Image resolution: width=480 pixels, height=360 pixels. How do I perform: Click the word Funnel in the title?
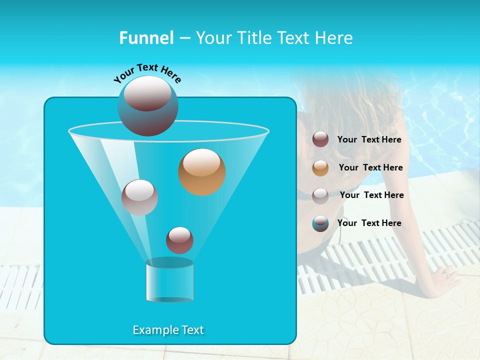[146, 38]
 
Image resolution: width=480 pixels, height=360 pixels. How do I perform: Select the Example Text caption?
[168, 330]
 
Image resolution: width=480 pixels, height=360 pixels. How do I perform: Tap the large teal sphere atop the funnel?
[148, 106]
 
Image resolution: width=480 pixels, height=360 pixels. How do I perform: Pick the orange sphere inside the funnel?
[202, 172]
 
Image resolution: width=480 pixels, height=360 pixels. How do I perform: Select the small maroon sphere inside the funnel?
[179, 240]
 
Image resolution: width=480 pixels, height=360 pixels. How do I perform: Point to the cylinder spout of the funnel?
[169, 280]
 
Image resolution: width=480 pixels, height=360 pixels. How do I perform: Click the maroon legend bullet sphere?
[320, 139]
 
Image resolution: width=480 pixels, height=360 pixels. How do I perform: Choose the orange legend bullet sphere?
[320, 168]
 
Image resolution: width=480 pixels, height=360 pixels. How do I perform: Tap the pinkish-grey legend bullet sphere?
[320, 195]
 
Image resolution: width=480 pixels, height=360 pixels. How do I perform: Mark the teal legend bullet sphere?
[320, 223]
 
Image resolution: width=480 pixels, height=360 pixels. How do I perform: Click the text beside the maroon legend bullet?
[369, 140]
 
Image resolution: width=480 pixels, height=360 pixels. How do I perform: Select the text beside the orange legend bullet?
[370, 168]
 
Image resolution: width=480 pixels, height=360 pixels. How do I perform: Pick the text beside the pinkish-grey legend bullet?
[371, 195]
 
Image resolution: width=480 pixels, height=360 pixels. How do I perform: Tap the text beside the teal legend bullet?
[369, 223]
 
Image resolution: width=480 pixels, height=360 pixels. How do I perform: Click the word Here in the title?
[334, 38]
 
